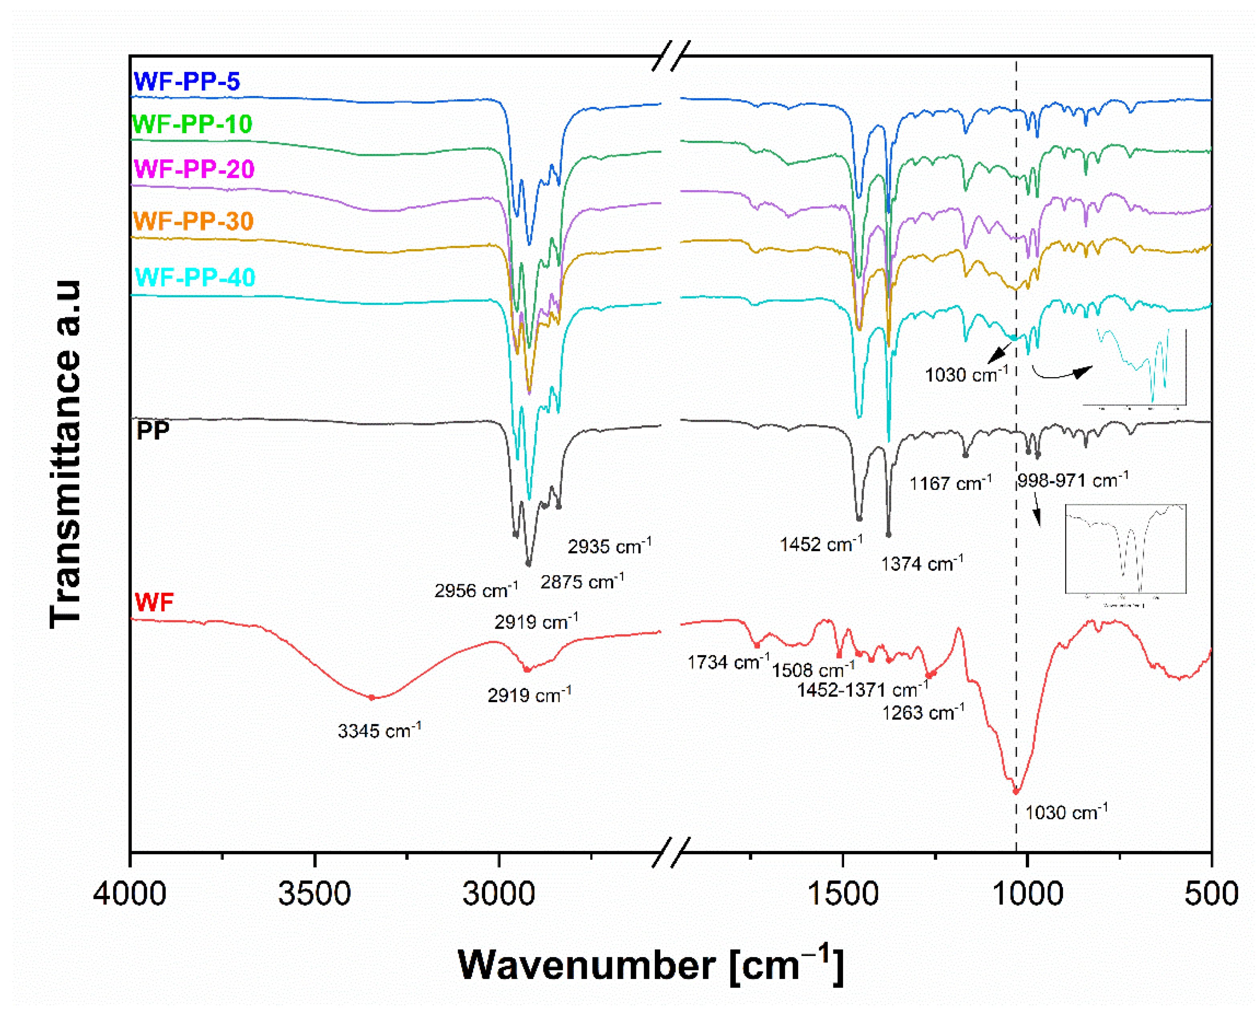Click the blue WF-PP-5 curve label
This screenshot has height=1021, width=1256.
186,81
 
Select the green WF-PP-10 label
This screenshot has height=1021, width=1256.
192,124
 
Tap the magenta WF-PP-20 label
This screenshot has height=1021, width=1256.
194,169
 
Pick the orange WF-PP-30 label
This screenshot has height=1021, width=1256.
193,221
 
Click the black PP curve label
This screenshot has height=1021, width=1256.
153,431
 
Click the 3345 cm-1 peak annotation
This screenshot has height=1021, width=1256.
379,731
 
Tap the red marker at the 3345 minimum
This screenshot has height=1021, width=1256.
371,698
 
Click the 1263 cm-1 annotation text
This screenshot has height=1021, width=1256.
922,712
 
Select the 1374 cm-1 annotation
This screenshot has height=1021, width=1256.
921,563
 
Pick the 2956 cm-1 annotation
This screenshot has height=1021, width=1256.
476,590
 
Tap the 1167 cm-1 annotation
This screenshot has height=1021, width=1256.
950,483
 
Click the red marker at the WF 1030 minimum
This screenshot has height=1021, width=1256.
1016,792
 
